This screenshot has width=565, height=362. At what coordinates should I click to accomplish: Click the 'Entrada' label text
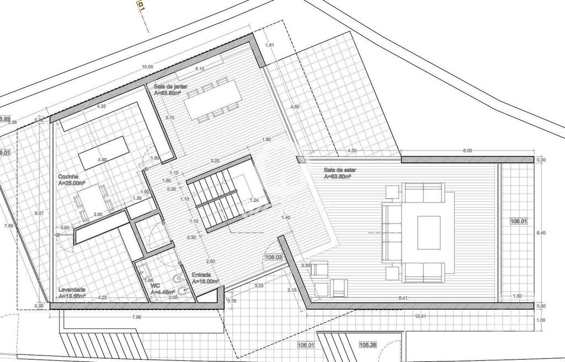(x=201, y=274)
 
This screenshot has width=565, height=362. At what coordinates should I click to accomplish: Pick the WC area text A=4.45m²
(x=164, y=292)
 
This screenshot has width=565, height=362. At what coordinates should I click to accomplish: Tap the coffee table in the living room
(x=428, y=233)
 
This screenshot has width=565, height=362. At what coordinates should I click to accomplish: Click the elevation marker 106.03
(x=274, y=257)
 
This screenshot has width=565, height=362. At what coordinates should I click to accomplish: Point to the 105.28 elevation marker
(x=368, y=345)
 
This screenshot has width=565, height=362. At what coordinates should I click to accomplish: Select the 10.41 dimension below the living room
(x=421, y=316)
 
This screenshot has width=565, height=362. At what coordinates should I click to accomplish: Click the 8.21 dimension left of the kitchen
(x=39, y=213)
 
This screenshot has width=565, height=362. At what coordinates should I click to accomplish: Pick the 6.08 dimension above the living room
(x=467, y=150)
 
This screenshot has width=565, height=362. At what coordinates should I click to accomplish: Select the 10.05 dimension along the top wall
(x=147, y=67)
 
